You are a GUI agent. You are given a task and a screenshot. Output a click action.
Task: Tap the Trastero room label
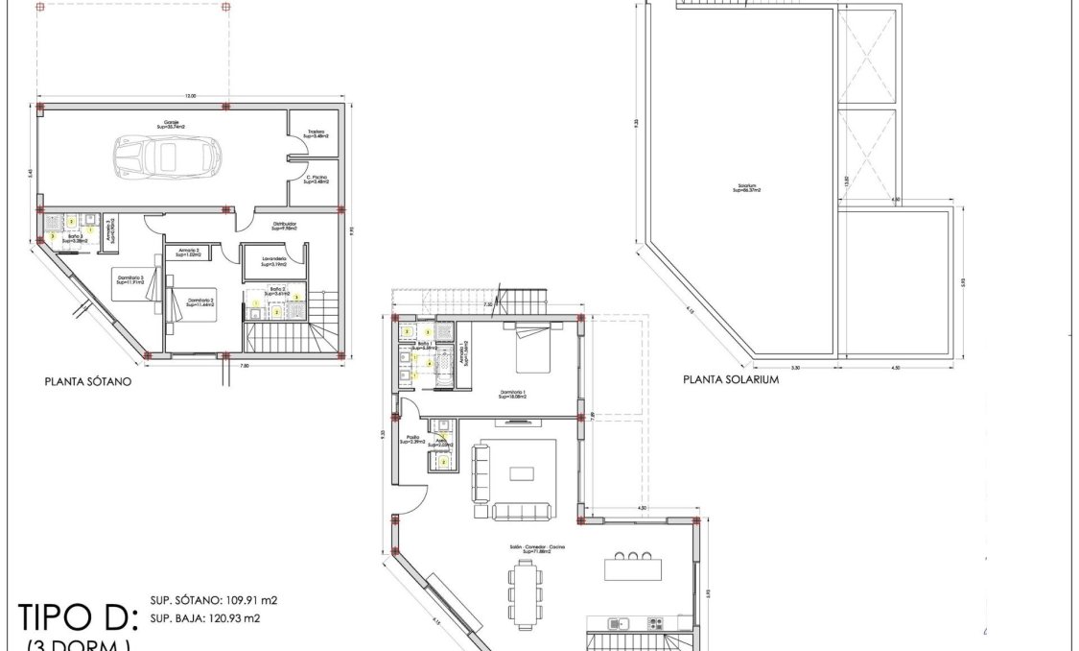pyautogui.click(x=317, y=134)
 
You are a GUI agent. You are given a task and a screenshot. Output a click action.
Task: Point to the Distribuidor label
pyautogui.click(x=284, y=227)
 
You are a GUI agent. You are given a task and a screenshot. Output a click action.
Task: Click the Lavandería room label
pyautogui.click(x=272, y=260)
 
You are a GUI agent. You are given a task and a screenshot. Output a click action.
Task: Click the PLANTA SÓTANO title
pyautogui.click(x=88, y=380)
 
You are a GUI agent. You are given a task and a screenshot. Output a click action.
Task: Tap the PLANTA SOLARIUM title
pyautogui.click(x=730, y=378)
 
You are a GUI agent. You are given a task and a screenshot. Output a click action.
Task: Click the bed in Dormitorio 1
pyautogui.click(x=533, y=350)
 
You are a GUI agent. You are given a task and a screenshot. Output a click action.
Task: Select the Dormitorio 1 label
pyautogui.click(x=514, y=394)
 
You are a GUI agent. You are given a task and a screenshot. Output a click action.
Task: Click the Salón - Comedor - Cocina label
pyautogui.click(x=538, y=547)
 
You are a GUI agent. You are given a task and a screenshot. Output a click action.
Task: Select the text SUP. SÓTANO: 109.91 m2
pyautogui.click(x=213, y=600)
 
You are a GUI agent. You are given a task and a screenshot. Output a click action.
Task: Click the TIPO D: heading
pyautogui.click(x=79, y=615)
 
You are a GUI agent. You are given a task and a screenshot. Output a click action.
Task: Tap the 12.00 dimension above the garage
pyautogui.click(x=190, y=95)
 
